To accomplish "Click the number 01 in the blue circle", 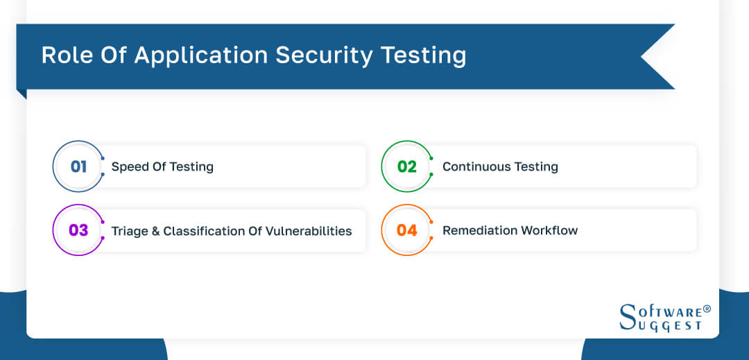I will (78, 166).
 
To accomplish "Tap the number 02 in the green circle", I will (407, 166).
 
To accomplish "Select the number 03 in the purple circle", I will (78, 230).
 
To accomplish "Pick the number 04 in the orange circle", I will (407, 230).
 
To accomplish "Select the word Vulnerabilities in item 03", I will (309, 230).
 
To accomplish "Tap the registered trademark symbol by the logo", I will (707, 309).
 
